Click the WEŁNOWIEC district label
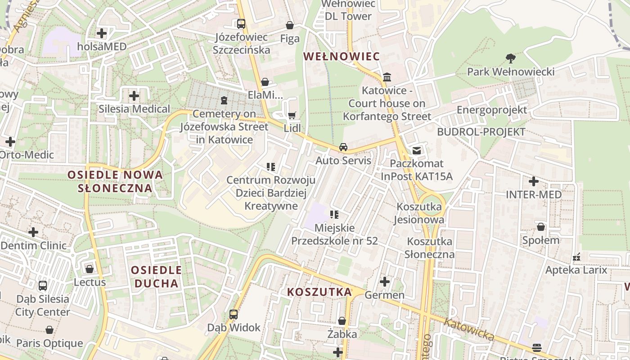[x=342, y=56]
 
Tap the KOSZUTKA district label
[x=319, y=292]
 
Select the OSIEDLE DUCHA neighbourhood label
[x=156, y=277]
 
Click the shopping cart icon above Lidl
[x=292, y=116]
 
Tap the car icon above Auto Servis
[x=343, y=147]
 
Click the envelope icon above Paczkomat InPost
[x=417, y=150]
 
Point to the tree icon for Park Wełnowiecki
[x=510, y=58]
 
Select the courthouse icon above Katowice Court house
[x=387, y=77]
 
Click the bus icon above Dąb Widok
[x=234, y=315]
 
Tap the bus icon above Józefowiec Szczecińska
[x=241, y=24]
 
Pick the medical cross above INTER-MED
[x=534, y=181]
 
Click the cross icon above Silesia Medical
[x=134, y=95]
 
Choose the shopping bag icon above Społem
[x=541, y=226]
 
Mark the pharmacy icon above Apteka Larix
[x=576, y=257]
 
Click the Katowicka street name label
[x=469, y=330]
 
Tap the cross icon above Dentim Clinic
[x=33, y=232]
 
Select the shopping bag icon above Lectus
[x=90, y=269]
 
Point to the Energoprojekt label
[x=491, y=110]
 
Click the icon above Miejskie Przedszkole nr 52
[x=334, y=215]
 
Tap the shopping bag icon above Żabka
[x=342, y=321]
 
